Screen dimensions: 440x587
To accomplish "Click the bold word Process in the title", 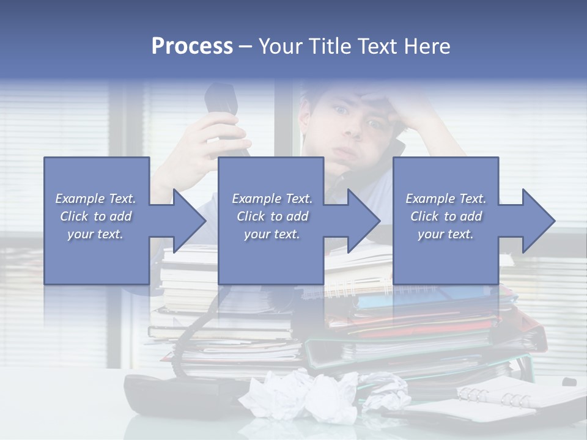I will (192, 46).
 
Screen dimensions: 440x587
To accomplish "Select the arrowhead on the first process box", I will (183, 221).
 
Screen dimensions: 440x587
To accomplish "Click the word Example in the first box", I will (79, 199).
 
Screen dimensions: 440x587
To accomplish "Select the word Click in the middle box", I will (251, 216).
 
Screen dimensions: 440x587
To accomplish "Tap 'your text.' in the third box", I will (445, 234).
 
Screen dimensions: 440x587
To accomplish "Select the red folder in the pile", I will (416, 318).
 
